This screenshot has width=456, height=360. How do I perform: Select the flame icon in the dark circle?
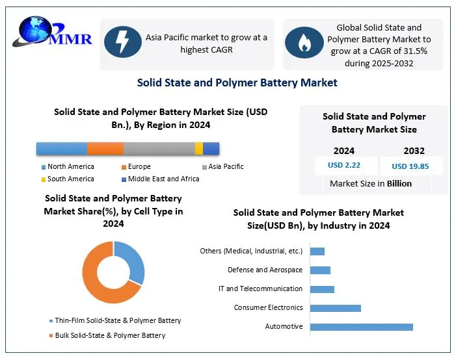[x=303, y=43]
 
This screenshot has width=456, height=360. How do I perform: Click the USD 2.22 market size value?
[x=344, y=165]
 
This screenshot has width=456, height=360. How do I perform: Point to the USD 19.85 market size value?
[x=410, y=166]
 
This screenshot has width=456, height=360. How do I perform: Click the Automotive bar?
[x=362, y=326]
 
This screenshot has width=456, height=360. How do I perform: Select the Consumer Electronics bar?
[x=335, y=307]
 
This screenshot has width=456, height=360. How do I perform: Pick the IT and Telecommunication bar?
[x=322, y=289]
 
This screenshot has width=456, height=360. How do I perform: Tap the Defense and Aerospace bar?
[x=320, y=270]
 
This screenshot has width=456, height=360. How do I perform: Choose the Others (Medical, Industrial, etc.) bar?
[x=317, y=251]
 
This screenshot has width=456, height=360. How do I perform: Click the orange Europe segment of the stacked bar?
[x=105, y=148]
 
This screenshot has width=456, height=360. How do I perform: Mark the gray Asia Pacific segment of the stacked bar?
[x=159, y=148]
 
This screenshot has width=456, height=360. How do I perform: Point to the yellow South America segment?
[x=199, y=148]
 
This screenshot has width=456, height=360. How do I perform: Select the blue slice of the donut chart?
[x=133, y=260]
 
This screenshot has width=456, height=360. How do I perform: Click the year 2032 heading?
[x=414, y=151]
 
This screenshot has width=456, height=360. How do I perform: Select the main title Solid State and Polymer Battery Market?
[x=237, y=83]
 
